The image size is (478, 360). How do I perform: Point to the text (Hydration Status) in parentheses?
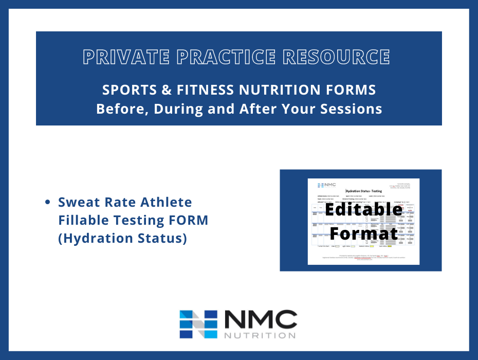click(x=122, y=239)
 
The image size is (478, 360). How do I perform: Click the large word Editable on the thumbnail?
click(x=363, y=210)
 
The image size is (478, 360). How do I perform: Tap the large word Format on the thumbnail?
click(x=363, y=233)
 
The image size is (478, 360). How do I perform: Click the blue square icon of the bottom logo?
click(x=198, y=324)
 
